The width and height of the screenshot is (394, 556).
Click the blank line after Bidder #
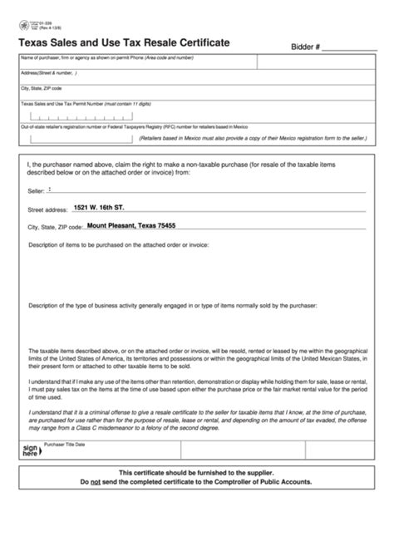click(x=349, y=50)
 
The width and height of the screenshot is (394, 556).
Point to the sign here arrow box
click(x=30, y=450)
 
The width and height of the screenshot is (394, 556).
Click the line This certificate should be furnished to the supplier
click(x=196, y=471)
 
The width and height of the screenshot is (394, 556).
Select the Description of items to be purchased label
click(x=118, y=245)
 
